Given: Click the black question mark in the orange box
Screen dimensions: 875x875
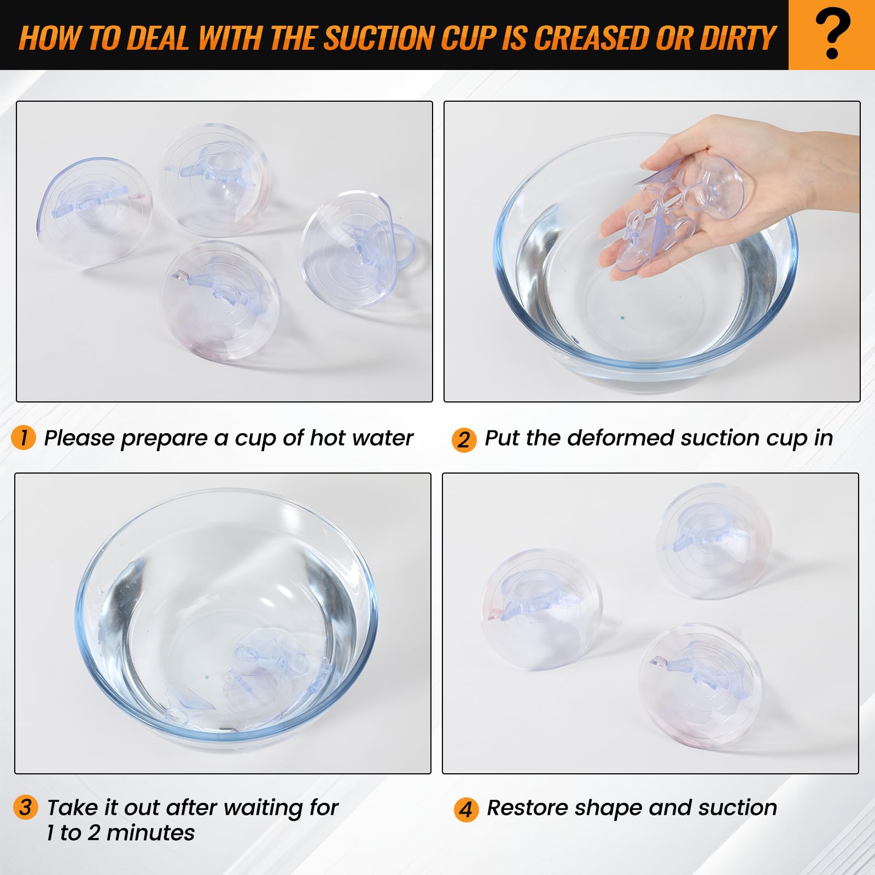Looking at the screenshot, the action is (x=832, y=34).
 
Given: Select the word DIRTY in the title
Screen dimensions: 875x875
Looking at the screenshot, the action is (x=738, y=38).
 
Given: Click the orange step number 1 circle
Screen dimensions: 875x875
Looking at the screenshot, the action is (x=24, y=438).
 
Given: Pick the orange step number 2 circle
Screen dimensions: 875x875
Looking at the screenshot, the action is (x=464, y=440).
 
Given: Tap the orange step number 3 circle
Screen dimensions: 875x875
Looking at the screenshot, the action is (x=25, y=808).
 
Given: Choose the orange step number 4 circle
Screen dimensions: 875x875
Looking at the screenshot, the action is (x=465, y=809).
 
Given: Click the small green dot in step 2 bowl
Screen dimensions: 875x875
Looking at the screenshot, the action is (x=622, y=316).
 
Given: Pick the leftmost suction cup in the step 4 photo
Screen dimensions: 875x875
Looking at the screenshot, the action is (x=541, y=602).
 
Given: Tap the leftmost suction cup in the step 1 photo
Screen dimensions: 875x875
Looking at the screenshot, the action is (x=94, y=212).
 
